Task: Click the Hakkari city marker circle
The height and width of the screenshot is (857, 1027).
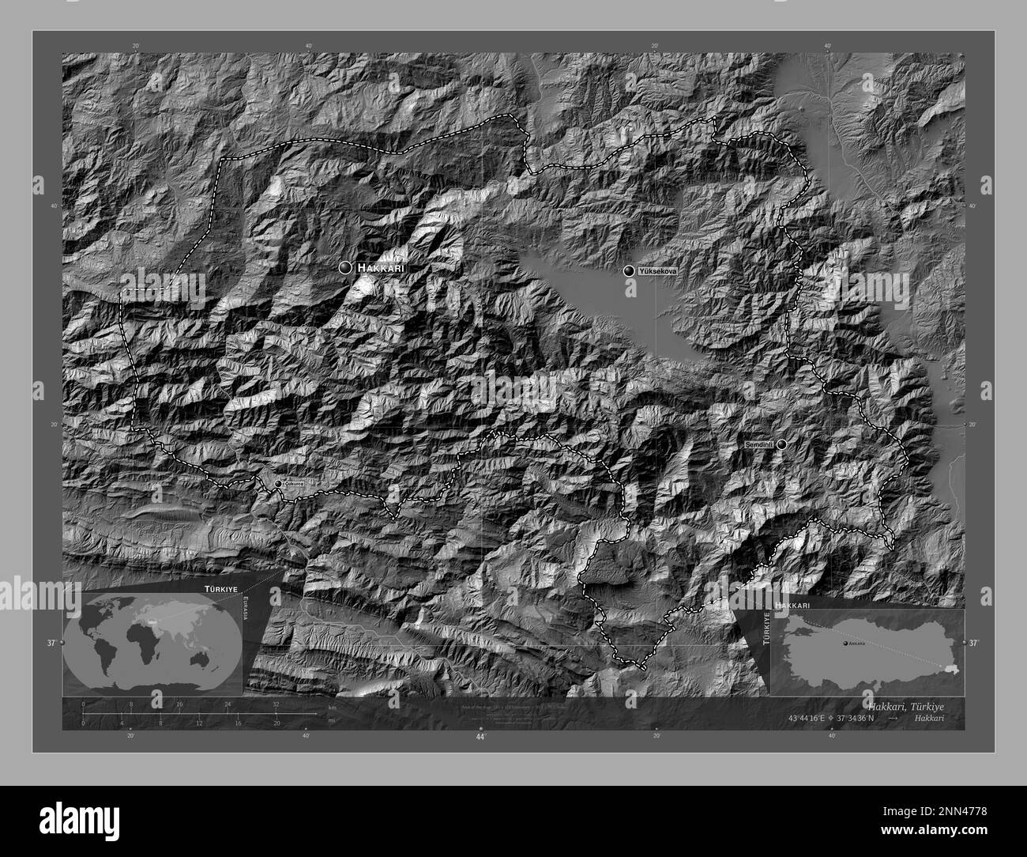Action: (345, 268)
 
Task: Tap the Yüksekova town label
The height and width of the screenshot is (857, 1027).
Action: (657, 270)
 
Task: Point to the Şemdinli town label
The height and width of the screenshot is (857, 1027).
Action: (759, 445)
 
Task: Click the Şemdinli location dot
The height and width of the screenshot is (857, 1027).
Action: (781, 444)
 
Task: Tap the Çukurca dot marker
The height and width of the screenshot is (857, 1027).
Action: (278, 483)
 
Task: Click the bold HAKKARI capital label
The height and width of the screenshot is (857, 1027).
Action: (381, 269)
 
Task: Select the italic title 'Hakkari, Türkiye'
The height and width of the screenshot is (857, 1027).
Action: (905, 704)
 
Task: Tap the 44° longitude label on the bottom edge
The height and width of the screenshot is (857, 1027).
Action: (480, 736)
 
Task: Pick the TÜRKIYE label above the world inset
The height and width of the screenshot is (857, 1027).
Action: (220, 590)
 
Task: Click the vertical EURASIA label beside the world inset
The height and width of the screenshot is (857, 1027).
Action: (246, 610)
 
